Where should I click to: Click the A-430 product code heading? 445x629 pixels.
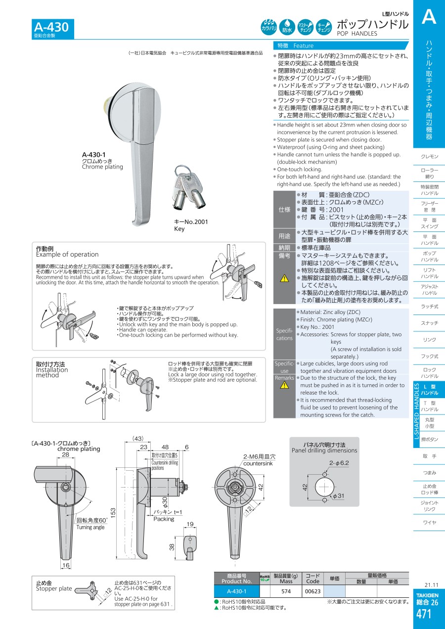(51, 27)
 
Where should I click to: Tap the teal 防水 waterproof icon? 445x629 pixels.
(287, 27)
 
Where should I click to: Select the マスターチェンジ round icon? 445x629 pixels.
(305, 27)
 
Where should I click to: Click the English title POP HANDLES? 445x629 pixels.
(357, 34)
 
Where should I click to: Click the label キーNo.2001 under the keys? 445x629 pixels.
(191, 222)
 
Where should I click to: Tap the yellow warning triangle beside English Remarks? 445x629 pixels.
(284, 385)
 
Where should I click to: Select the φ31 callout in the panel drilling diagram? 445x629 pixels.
(339, 496)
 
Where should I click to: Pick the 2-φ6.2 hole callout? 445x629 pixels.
(339, 463)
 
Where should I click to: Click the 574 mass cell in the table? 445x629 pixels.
(286, 591)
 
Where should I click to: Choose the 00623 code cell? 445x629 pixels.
(313, 591)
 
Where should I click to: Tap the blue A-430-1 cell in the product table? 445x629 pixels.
(236, 591)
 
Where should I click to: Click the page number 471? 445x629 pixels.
(424, 614)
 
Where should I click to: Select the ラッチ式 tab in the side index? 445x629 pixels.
(429, 307)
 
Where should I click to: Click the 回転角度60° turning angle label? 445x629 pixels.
(92, 520)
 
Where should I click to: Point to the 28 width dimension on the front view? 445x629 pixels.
(65, 454)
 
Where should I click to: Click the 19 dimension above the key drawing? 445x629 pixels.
(190, 524)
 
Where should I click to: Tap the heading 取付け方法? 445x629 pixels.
(50, 364)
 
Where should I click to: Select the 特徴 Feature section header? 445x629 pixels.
(295, 46)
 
